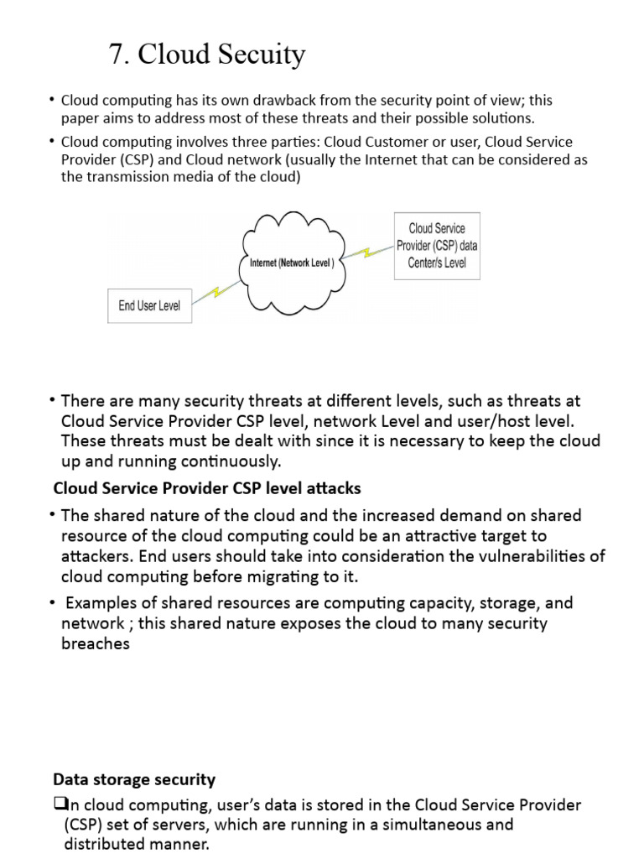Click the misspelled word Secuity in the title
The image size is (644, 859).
coord(262,55)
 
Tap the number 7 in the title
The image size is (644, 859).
coord(117,55)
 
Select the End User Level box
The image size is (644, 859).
coord(149,305)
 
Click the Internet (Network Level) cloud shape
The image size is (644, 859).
coord(292,263)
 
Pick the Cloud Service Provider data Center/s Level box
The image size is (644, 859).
coord(437,247)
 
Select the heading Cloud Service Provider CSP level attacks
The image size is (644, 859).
coord(207,488)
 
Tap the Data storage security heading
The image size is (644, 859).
coord(134,779)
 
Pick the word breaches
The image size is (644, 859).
coord(96,644)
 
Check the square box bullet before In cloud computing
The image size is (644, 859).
coord(59,804)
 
